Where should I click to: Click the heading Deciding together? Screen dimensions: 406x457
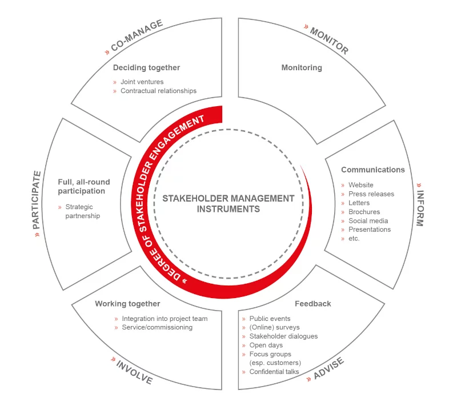pyautogui.click(x=146, y=67)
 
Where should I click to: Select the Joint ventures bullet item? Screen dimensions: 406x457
pyautogui.click(x=142, y=82)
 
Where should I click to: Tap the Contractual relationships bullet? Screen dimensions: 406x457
pyautogui.click(x=158, y=91)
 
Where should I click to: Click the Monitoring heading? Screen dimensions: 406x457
pyautogui.click(x=302, y=67)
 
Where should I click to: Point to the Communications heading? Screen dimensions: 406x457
pyautogui.click(x=372, y=170)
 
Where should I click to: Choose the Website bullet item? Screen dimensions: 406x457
pyautogui.click(x=360, y=185)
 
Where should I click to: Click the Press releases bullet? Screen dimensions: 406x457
pyautogui.click(x=371, y=194)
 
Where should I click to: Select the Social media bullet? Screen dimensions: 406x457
pyautogui.click(x=368, y=220)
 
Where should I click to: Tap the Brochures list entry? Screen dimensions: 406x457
pyautogui.click(x=364, y=212)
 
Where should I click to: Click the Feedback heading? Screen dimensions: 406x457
pyautogui.click(x=313, y=304)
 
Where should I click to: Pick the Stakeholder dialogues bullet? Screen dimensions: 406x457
pyautogui.click(x=283, y=336)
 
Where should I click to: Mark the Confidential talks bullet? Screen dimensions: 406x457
pyautogui.click(x=274, y=372)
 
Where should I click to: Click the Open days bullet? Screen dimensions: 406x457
pyautogui.click(x=266, y=345)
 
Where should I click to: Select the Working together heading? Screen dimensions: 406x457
pyautogui.click(x=127, y=304)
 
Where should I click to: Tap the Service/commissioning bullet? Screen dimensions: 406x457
pyautogui.click(x=157, y=327)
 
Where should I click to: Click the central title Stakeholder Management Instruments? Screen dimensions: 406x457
pyautogui.click(x=228, y=203)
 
